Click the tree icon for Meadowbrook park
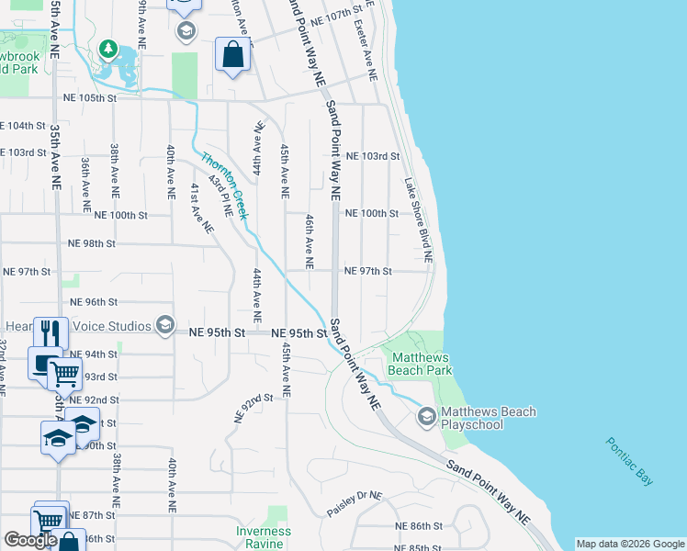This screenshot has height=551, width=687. pos(107,47)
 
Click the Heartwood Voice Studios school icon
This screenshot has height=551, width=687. pos(165,326)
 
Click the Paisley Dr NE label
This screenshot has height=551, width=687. pos(355,497)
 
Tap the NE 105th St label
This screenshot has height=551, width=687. pos(90,97)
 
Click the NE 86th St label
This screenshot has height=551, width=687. pos(419,526)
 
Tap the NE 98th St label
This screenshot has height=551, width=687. pos(92,244)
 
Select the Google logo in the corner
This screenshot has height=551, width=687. pos(30,540)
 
